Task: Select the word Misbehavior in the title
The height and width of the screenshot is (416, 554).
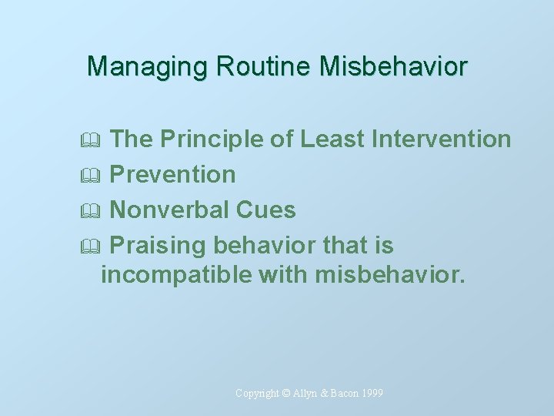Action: pos(393,66)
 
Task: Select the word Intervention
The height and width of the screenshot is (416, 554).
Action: pos(442,139)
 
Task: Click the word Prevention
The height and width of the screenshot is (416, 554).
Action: pos(172,175)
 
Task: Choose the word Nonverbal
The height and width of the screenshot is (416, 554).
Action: pos(169,210)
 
